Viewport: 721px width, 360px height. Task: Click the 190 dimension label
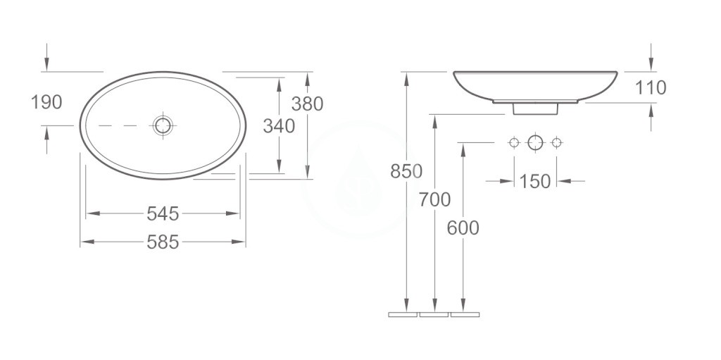pos(46,102)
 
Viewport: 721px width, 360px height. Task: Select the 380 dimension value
pos(307,104)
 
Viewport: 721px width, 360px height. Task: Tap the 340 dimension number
pos(279,126)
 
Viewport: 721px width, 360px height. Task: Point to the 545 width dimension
pos(163,213)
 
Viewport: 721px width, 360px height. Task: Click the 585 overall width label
pos(163,242)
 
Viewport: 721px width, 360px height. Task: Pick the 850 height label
pos(406,171)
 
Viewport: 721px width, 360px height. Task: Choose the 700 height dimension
pos(434,200)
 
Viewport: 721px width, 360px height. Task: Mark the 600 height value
pos(463,228)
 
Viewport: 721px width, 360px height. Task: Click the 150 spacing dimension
pos(535,181)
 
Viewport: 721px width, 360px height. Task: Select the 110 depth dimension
pos(651,87)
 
